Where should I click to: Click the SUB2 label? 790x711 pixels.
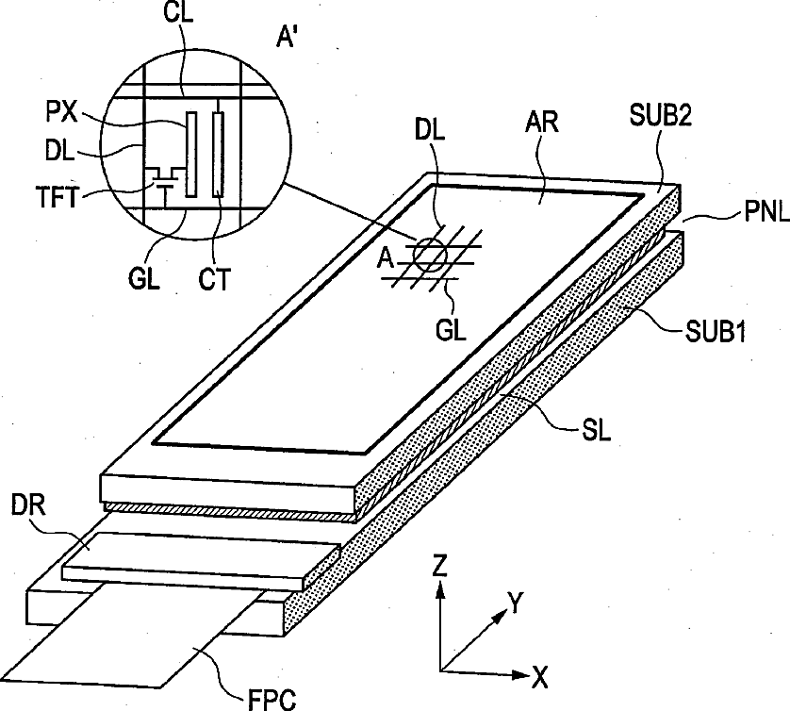(x=661, y=115)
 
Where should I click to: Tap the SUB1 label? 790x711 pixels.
(x=715, y=332)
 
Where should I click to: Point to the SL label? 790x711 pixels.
(x=596, y=431)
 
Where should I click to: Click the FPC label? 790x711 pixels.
(x=272, y=700)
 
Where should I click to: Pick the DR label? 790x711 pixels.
(x=28, y=504)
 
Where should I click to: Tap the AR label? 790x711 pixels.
(x=542, y=122)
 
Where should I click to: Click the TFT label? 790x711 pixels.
(x=57, y=197)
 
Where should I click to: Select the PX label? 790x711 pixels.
(x=61, y=112)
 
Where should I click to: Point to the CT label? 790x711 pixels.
(x=214, y=279)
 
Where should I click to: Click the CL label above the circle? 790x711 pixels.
(x=178, y=13)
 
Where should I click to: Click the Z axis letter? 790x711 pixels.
(x=440, y=566)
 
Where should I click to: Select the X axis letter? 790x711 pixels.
(x=539, y=678)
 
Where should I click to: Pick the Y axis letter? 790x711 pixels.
(x=516, y=604)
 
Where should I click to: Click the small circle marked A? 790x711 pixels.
(x=430, y=255)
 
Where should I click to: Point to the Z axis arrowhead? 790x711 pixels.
(x=440, y=588)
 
